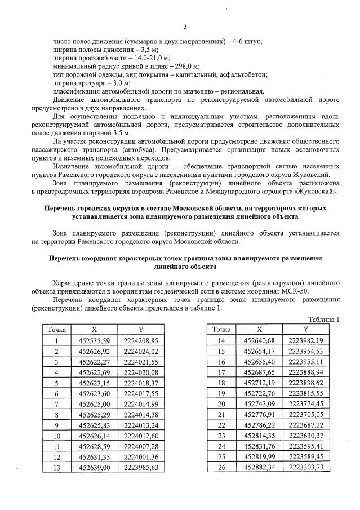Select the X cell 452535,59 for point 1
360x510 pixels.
pyautogui.click(x=93, y=340)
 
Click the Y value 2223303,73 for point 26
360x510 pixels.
pyautogui.click(x=305, y=467)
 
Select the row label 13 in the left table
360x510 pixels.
pyautogui.click(x=57, y=467)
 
